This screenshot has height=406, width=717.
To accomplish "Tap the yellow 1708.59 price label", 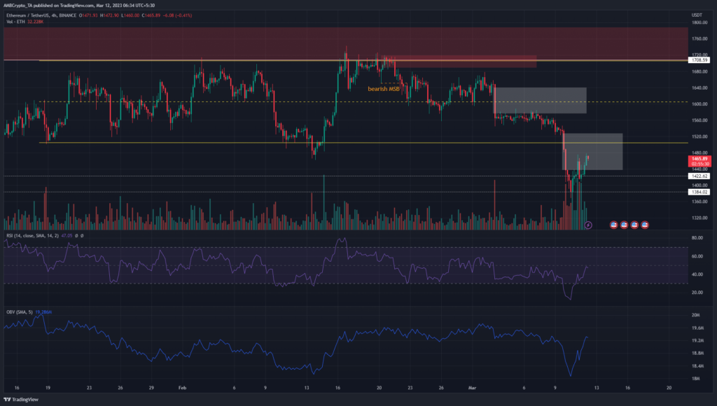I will point(699,60).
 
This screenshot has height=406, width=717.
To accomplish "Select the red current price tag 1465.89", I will point(699,160).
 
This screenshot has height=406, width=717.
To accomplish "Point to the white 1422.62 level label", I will point(699,176).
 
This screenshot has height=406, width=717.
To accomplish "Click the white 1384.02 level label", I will point(699,192).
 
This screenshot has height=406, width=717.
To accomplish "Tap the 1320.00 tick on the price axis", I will point(697,218).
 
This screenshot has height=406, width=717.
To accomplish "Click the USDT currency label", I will point(697,14).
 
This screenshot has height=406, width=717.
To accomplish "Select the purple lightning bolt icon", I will point(588,225).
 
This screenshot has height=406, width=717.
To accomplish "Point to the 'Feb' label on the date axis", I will point(181,386).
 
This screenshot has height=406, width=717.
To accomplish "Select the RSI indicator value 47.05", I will point(69,237).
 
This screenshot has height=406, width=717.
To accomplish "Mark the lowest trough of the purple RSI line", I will point(570,300).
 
